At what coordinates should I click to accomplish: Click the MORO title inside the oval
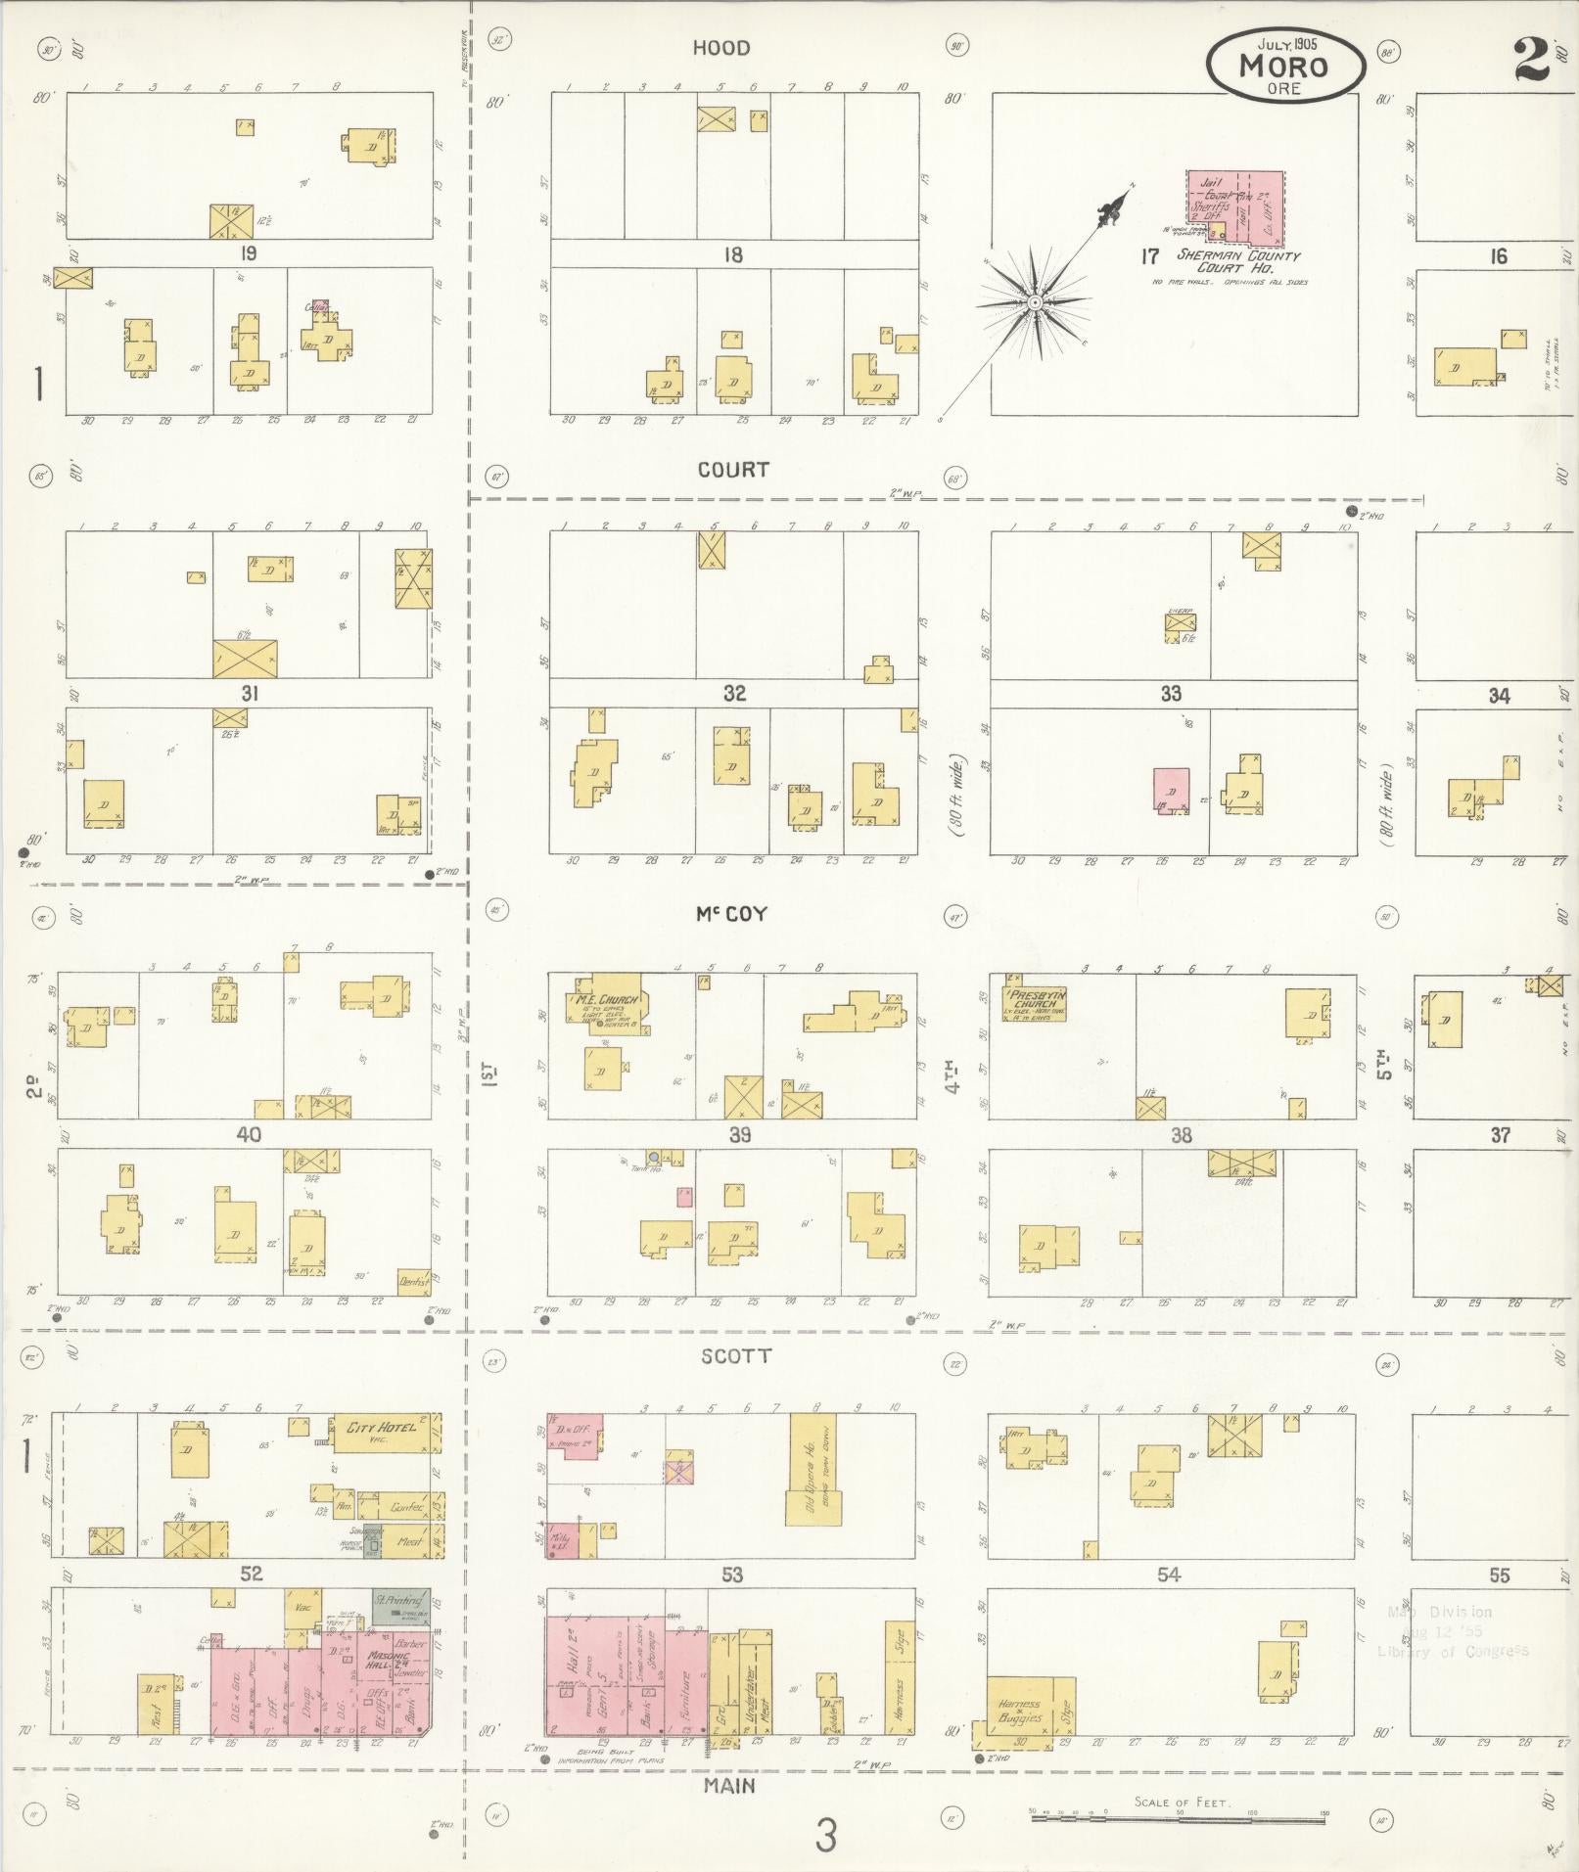coord(1283,67)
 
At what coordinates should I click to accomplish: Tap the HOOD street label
coord(721,48)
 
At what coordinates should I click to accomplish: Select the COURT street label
coord(733,470)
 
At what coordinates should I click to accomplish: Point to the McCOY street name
coord(731,914)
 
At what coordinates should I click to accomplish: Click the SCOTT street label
coord(735,1356)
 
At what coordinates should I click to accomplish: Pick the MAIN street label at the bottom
coord(730,1786)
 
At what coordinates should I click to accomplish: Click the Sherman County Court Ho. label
coord(1237,261)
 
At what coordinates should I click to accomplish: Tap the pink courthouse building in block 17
coord(1235,206)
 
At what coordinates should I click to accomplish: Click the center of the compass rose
coord(1033,302)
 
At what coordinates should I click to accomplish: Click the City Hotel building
coord(381,1429)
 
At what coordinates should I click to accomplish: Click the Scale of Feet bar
coord(1180,1813)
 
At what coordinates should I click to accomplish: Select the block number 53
coord(731,1575)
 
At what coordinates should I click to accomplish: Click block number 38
coord(1181,1135)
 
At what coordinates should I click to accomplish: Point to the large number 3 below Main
coord(825,1836)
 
